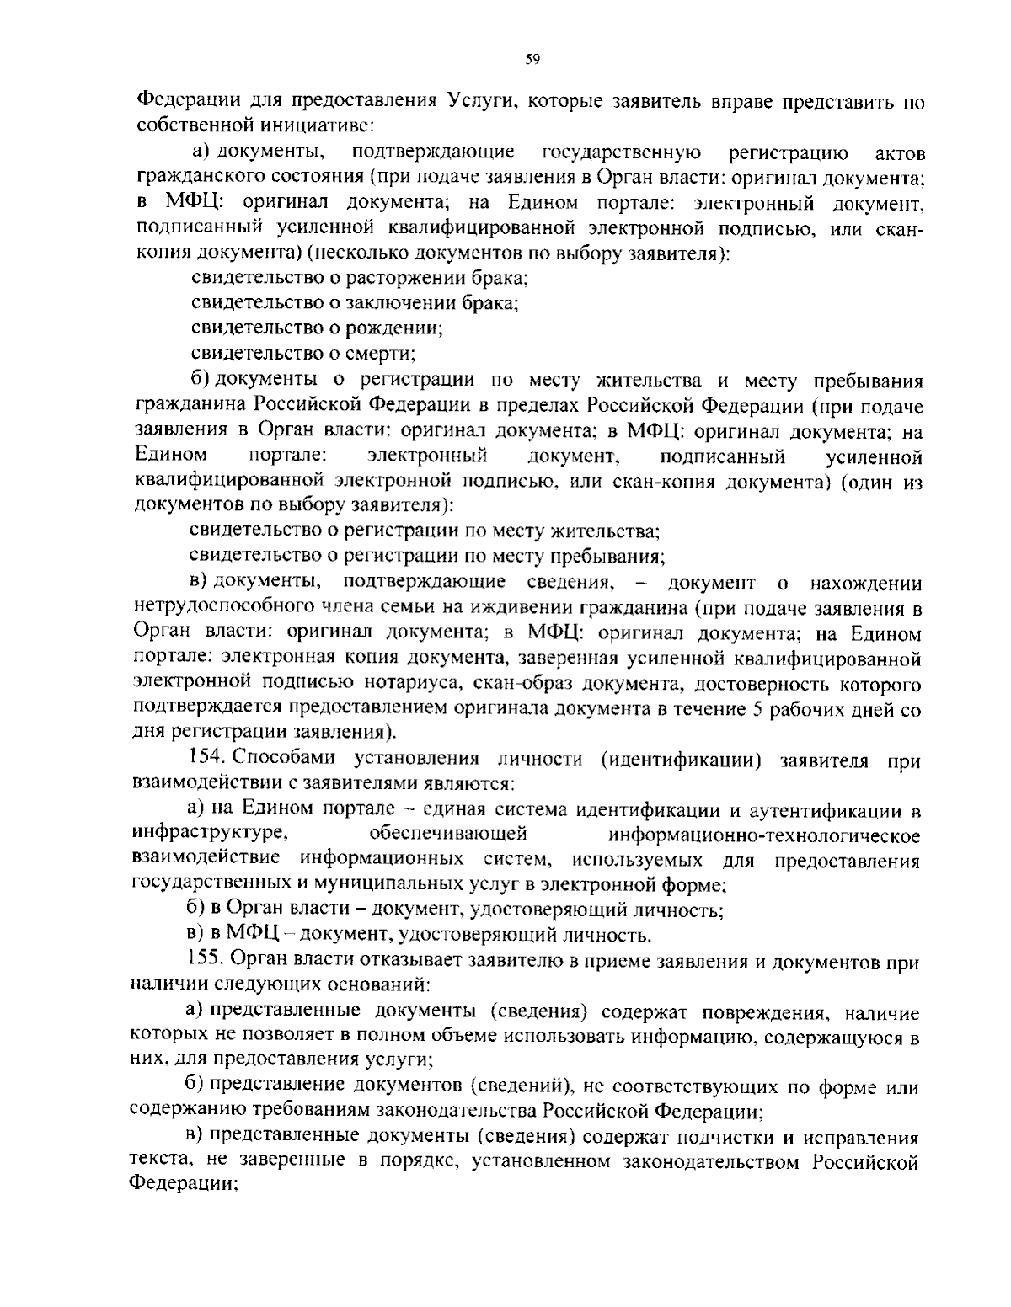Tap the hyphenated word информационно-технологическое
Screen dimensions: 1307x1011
(763, 835)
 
